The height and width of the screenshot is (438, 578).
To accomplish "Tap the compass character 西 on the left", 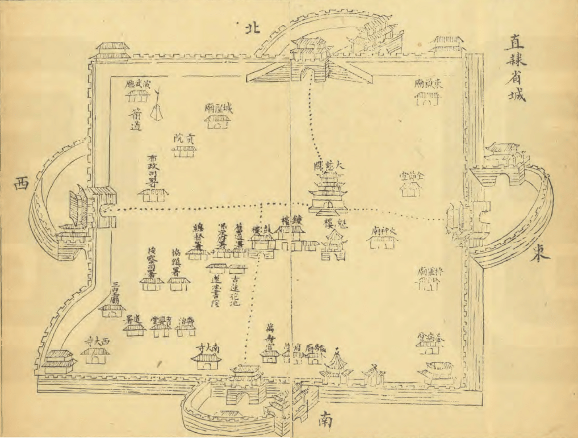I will (21, 183).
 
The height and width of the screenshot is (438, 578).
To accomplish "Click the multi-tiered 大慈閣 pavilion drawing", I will (328, 193).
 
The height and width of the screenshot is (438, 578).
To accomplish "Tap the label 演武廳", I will (139, 85).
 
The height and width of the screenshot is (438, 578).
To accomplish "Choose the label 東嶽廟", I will (429, 84).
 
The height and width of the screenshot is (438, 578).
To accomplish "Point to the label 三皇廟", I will (115, 291).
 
